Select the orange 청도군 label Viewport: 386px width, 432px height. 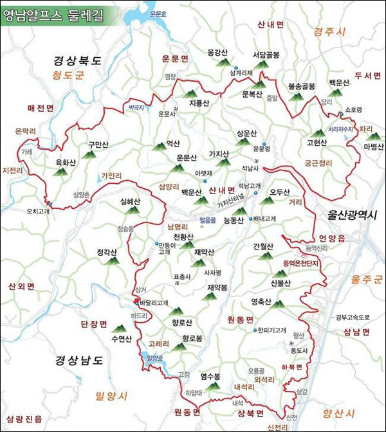(68, 76)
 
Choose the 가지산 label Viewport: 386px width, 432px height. (219, 154)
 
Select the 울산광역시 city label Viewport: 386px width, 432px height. (349, 215)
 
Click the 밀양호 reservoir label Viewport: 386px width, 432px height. (156, 358)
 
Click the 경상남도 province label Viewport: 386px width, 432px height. (78, 360)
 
